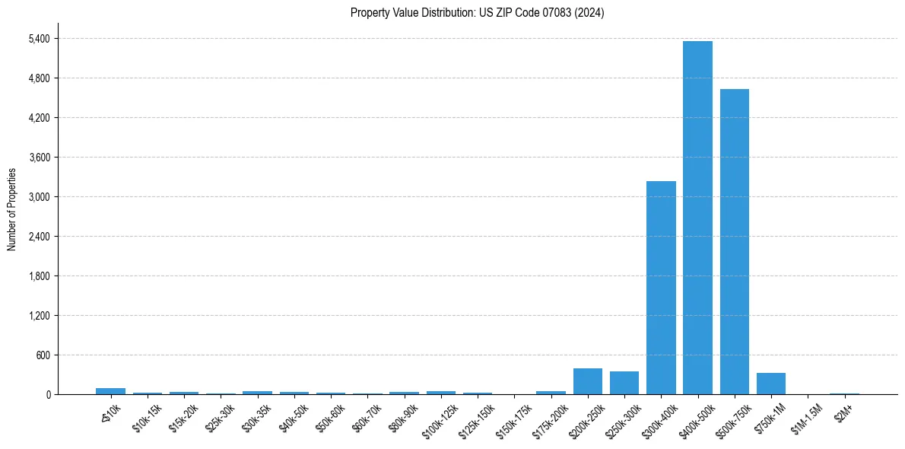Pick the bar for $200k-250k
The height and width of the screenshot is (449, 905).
coord(588,381)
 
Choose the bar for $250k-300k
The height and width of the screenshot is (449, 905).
coord(624,383)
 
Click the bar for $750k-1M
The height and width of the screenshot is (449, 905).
coord(771,384)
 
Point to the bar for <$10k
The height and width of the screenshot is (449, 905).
coord(110,391)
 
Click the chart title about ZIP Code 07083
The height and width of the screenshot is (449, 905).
coord(477,13)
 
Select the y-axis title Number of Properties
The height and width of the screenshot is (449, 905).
coord(12,209)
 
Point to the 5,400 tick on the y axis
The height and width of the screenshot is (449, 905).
coord(39,39)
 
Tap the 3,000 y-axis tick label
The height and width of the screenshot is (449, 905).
coord(39,197)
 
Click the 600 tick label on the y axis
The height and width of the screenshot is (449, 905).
coord(43,355)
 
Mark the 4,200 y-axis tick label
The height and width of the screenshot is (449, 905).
coord(39,118)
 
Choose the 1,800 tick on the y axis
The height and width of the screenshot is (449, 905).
coord(39,276)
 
